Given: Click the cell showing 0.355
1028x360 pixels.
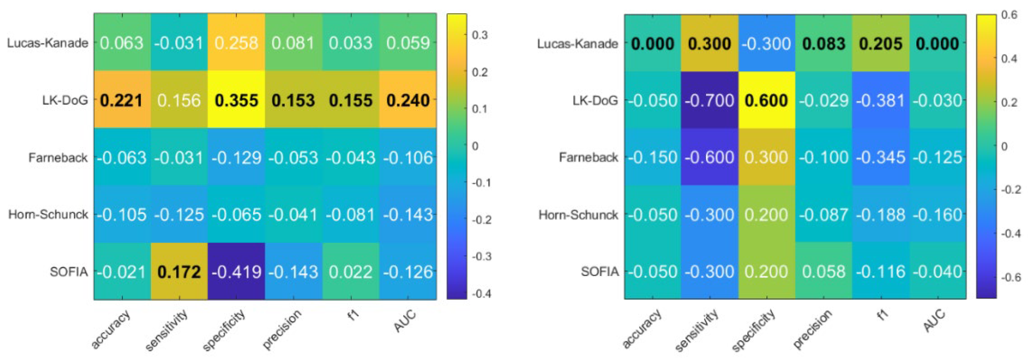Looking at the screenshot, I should pos(236,100).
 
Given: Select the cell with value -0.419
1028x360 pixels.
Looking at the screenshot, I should pos(236,272).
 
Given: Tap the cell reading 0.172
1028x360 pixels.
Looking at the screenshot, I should pos(179,272).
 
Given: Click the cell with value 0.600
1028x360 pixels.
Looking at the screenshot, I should pos(766,100).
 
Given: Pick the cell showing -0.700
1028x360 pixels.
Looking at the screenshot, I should pos(709,100).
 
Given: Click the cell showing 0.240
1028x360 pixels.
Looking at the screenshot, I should pos(408,100).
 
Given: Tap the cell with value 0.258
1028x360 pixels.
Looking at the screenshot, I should pos(236,43).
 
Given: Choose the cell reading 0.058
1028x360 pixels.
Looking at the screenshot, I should pos(823,272).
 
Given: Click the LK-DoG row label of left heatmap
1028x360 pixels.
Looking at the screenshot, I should pos(65,100).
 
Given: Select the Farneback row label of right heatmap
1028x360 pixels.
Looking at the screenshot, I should pos(588,157).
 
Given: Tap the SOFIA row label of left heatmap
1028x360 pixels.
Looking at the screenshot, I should pos(69,272).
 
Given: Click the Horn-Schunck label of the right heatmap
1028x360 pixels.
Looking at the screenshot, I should pos(578,215).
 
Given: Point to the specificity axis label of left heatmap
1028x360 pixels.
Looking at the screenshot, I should pos(224,331).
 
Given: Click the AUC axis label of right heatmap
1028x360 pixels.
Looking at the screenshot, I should pos(935,321).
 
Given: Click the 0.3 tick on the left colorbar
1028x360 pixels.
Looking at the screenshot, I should pos(480,35).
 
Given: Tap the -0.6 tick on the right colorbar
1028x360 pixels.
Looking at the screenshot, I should pos(1011,277).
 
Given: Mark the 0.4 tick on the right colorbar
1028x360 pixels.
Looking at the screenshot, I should pos(1009,59).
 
